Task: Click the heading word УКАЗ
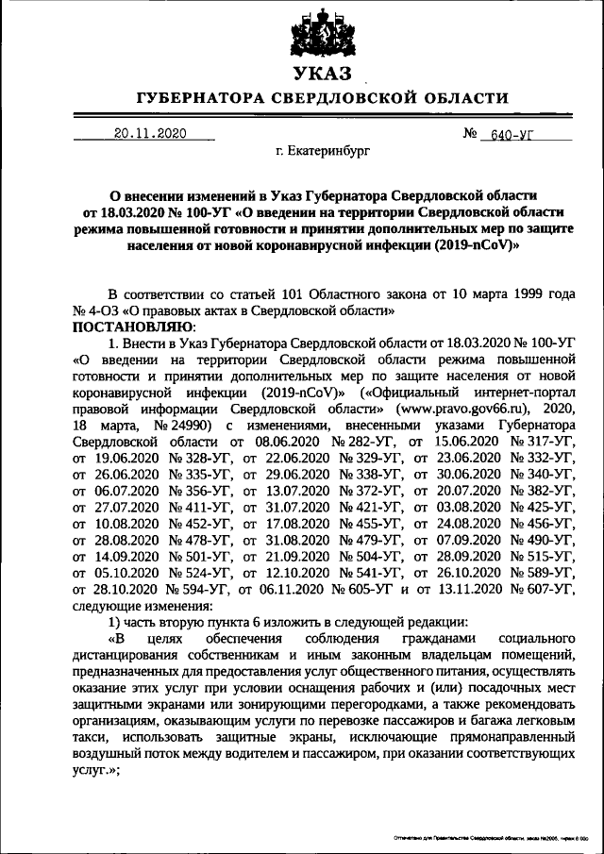pos(322,74)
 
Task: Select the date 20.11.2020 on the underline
pos(145,134)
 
